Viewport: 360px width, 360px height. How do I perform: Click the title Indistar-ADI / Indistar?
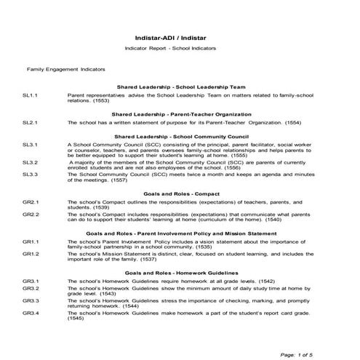pyautogui.click(x=180, y=35)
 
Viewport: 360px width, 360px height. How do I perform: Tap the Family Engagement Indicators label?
pyautogui.click(x=66, y=69)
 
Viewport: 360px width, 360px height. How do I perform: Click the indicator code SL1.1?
pyautogui.click(x=30, y=95)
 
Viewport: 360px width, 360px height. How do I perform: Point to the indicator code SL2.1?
pyautogui.click(x=30, y=124)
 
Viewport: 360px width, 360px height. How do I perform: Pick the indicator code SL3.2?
pyautogui.click(x=30, y=163)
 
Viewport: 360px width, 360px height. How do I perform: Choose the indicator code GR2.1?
pyautogui.click(x=30, y=201)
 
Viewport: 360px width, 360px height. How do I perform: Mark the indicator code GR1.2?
pyautogui.click(x=30, y=254)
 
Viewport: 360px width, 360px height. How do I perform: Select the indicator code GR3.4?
pyautogui.click(x=30, y=312)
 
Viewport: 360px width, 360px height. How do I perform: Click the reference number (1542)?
pyautogui.click(x=265, y=281)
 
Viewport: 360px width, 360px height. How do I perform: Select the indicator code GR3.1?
pyautogui.click(x=30, y=281)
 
